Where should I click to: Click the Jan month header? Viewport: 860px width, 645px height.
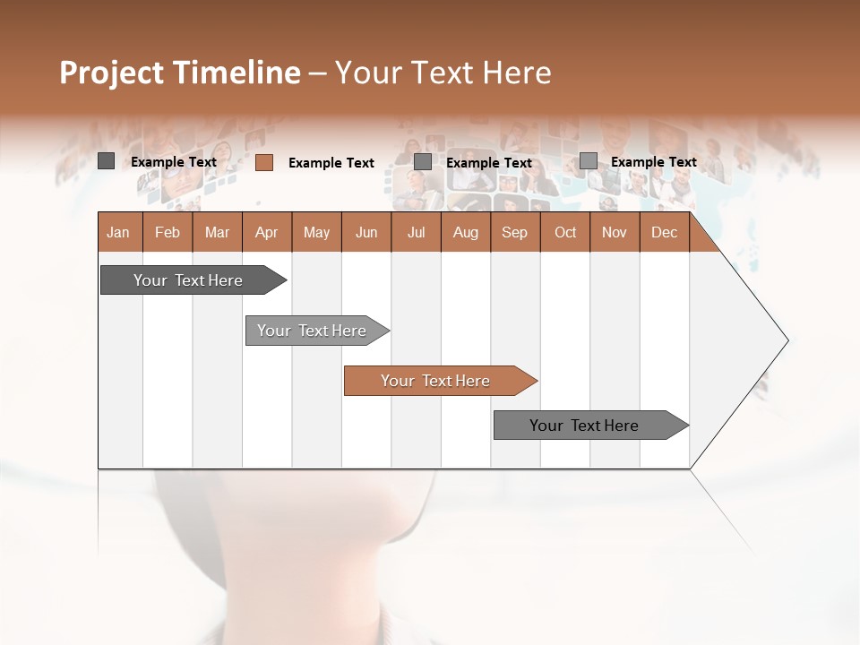click(118, 232)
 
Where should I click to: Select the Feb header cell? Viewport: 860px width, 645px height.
click(168, 232)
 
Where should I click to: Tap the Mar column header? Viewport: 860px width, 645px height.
click(217, 232)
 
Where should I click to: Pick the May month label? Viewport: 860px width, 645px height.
click(316, 232)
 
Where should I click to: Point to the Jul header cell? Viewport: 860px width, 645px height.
click(416, 232)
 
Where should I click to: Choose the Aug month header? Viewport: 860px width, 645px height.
click(465, 232)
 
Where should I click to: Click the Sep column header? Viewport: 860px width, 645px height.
click(514, 232)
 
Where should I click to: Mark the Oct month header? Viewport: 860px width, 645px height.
click(565, 232)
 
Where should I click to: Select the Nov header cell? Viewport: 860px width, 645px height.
click(615, 232)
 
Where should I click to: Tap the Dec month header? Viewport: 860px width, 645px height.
click(664, 232)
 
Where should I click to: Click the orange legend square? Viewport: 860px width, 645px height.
click(264, 162)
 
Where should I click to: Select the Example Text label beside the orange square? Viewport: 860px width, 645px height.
click(331, 163)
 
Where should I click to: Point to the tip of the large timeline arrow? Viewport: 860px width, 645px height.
click(786, 340)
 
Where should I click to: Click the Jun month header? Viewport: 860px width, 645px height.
click(366, 232)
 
